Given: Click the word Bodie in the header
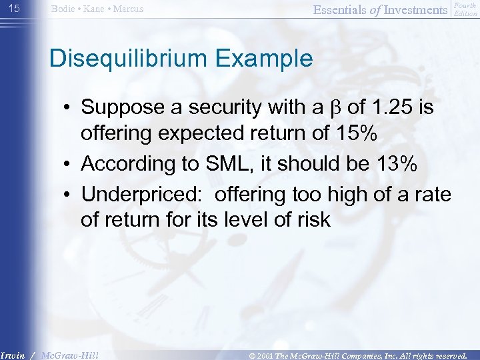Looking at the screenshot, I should tap(64, 9).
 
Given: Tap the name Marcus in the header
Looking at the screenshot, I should tap(128, 9).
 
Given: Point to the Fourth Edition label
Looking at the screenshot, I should tap(465, 9).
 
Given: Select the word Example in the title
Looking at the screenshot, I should tap(269, 58).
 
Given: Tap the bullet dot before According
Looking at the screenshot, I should tap(69, 163).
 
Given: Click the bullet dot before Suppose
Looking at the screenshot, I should tap(69, 107).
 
